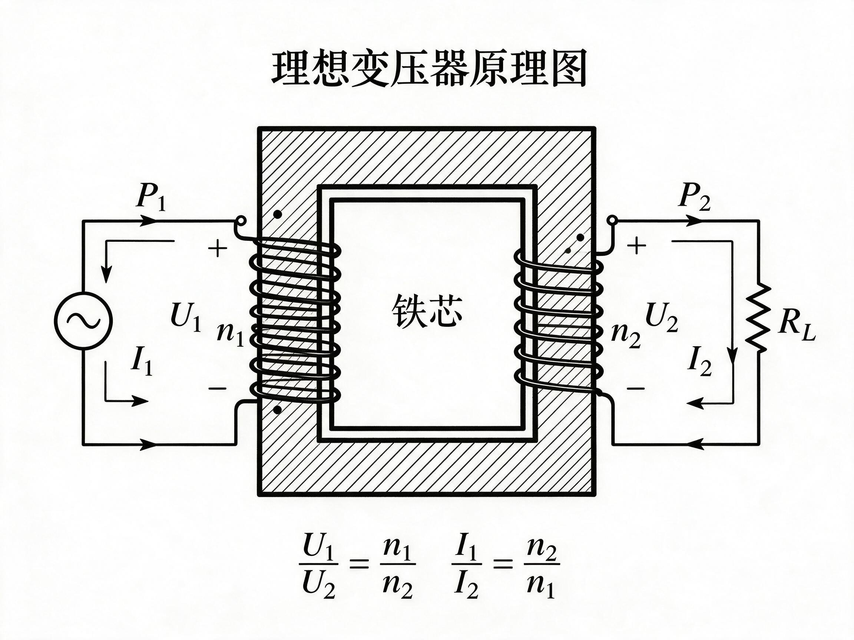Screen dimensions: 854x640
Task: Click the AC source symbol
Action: [83, 321]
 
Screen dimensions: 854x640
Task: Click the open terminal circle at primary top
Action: [241, 221]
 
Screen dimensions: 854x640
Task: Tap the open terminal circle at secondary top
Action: [612, 221]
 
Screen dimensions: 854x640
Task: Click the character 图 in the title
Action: [565, 69]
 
